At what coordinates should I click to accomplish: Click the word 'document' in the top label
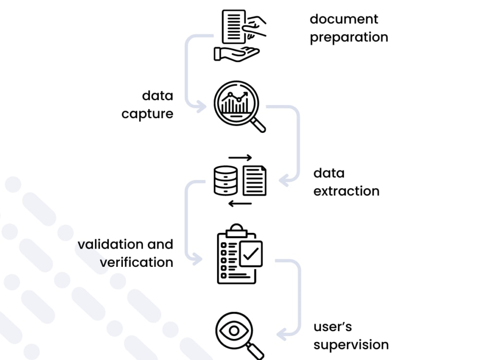tap(344, 19)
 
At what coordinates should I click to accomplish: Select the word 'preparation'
tap(349, 37)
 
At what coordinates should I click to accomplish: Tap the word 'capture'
tap(147, 114)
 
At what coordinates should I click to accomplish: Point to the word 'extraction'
tap(346, 192)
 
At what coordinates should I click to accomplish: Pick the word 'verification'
tap(136, 263)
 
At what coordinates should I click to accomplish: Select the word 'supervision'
tap(351, 345)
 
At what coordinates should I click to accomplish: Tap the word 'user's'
tap(333, 327)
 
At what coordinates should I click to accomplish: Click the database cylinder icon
tap(226, 180)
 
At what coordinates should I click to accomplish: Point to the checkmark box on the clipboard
tap(251, 254)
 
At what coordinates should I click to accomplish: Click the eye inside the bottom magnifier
tap(234, 331)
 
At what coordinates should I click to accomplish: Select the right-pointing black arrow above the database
tap(240, 157)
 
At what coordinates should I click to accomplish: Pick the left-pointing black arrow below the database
tap(240, 204)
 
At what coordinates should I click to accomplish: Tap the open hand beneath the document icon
tap(236, 54)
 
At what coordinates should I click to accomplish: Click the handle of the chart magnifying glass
tap(258, 125)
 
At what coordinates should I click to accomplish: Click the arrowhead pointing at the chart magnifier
tap(202, 107)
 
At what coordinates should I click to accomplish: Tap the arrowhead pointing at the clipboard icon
tap(197, 259)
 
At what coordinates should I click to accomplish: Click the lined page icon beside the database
tap(254, 180)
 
